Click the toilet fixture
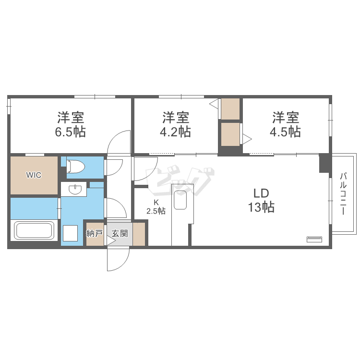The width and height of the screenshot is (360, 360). pos(75,167)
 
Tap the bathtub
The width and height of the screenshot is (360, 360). pos(34,230)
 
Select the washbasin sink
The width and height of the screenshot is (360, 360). pos(75,189)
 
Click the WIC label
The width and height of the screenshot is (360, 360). pos(34,175)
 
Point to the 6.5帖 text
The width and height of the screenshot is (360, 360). pos(70,132)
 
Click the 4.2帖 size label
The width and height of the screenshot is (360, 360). pos(175,132)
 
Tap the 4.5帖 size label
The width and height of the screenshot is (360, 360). pos(285,132)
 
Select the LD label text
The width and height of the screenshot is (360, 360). pos(261,193)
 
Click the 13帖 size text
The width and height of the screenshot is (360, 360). pos(261,207)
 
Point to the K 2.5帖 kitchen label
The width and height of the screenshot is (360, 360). pos(156,206)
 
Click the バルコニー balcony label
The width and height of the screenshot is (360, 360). pos(343,194)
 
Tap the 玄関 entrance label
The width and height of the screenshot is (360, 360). pos(120,234)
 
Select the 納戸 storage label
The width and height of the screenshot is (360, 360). pos(95,234)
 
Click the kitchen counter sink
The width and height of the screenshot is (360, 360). pos(180,200)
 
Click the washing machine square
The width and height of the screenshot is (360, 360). pos(70,233)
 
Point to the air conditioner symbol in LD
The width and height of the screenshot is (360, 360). pos(314,239)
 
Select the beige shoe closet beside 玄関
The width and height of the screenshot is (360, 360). pos(139,234)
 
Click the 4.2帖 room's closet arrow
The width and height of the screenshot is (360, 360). pos(214,104)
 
